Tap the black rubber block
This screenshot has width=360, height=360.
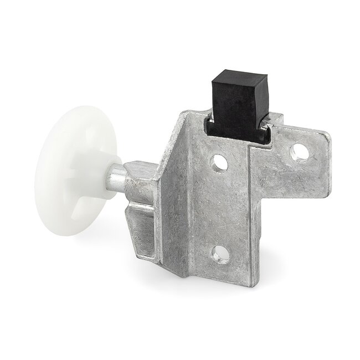pyautogui.click(x=239, y=105)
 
